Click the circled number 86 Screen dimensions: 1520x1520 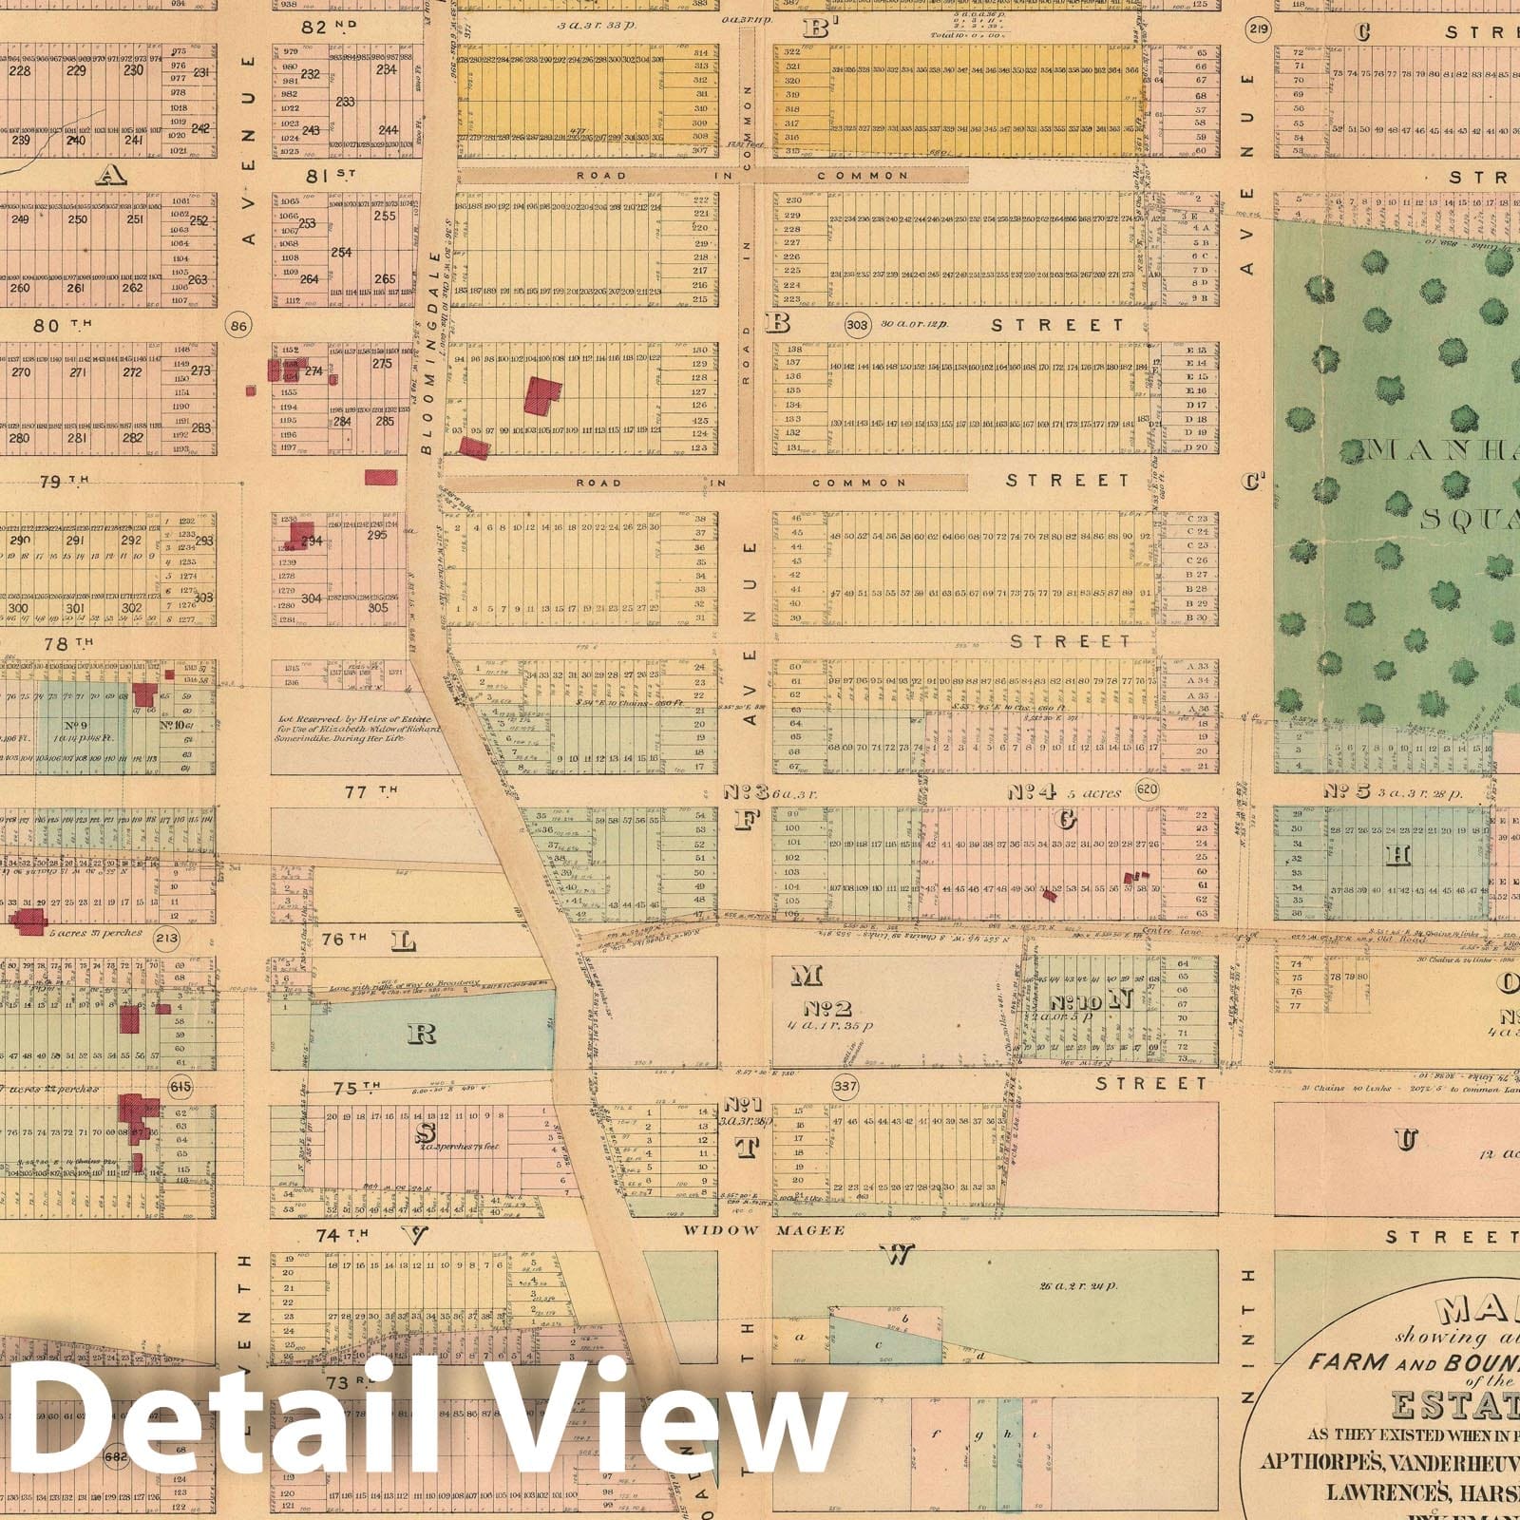(238, 327)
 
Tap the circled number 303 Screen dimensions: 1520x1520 (857, 325)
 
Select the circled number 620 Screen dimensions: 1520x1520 (1147, 789)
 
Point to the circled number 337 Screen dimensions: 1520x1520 (844, 1086)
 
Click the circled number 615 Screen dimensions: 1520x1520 (179, 1086)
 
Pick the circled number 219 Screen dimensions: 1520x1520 (1260, 28)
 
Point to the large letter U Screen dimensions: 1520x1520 (1406, 1139)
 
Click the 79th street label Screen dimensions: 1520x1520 (65, 482)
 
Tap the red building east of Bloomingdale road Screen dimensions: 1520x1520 (543, 395)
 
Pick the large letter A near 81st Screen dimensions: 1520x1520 (111, 174)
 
